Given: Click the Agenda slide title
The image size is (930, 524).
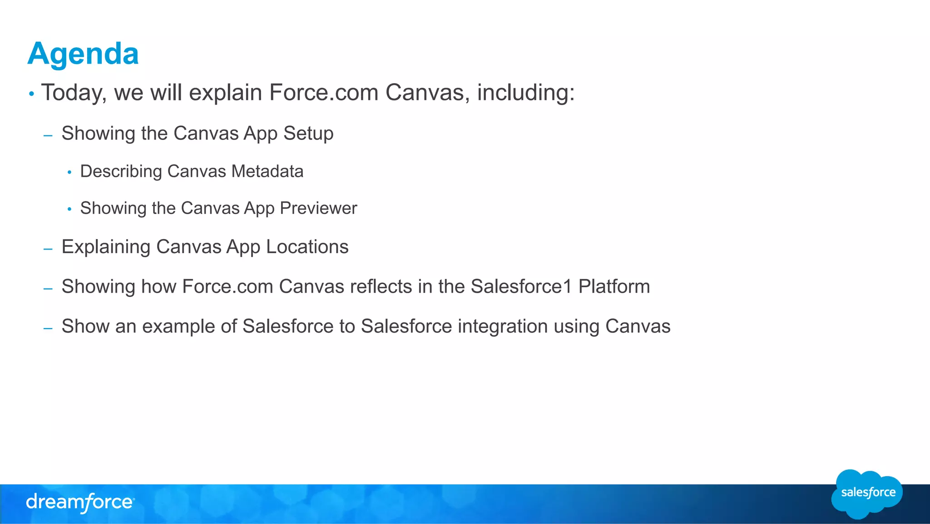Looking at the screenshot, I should click(83, 54).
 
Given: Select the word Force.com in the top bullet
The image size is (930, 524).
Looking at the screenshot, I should click(324, 93).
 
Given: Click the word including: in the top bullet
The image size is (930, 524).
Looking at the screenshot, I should click(526, 93).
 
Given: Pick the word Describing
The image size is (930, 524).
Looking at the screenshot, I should click(121, 171).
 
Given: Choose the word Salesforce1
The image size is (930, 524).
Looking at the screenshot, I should click(521, 286).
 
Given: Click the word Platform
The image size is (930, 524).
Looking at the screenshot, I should click(614, 286).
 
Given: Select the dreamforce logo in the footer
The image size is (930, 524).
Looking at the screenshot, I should click(80, 503).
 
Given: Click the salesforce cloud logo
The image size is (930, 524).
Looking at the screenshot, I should click(867, 494).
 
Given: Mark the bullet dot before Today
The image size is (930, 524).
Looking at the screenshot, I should click(31, 94).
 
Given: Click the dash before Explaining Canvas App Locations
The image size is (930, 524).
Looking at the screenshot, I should click(48, 249).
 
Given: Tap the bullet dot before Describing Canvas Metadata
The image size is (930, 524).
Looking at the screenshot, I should click(69, 172).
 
